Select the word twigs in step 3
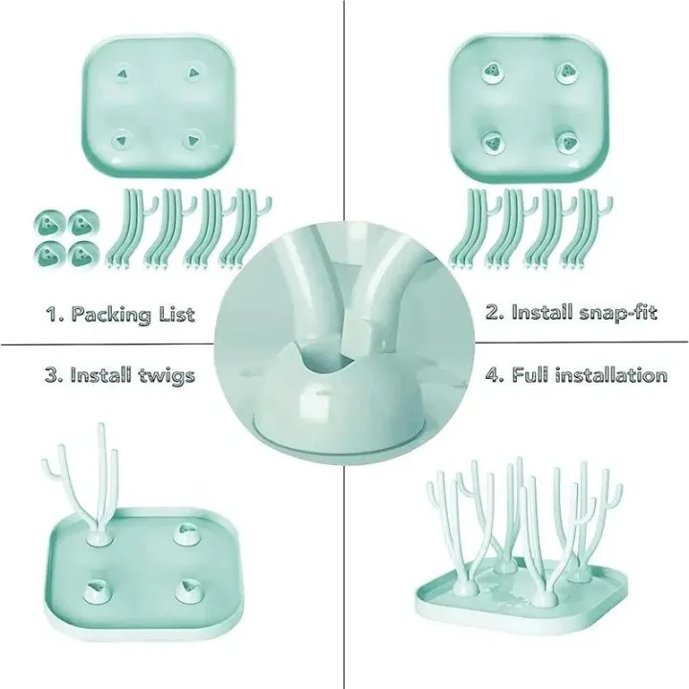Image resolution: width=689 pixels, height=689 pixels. (x=166, y=374)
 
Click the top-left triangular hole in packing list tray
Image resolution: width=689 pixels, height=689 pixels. (x=125, y=73)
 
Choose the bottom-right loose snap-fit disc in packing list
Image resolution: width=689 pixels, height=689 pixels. (x=83, y=255)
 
